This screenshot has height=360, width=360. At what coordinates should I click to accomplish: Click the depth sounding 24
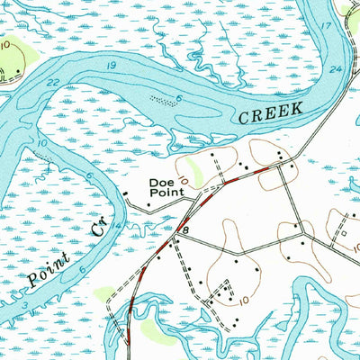[337, 69]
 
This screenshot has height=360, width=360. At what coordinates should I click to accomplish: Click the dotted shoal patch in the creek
[162, 100]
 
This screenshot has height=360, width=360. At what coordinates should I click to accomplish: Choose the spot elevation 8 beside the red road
[185, 231]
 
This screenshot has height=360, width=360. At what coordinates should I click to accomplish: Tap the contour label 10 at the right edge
[346, 310]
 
